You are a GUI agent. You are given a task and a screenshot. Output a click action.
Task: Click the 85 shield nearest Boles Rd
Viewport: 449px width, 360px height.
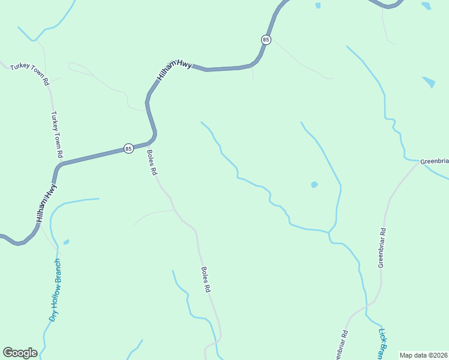pos(128,148)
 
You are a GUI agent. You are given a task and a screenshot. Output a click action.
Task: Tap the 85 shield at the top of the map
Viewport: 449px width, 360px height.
pos(266,40)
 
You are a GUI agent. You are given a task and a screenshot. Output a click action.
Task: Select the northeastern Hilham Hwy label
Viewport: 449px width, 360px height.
pos(174,70)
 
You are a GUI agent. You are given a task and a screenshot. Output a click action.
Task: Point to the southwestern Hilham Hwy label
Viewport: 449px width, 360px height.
pos(47,203)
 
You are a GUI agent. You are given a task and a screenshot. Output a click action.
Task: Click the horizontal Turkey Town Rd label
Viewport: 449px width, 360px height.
pos(29,73)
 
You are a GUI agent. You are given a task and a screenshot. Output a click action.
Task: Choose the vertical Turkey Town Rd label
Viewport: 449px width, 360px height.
pos(57,134)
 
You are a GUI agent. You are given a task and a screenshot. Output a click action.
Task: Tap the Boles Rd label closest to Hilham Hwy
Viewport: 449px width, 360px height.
pos(152,163)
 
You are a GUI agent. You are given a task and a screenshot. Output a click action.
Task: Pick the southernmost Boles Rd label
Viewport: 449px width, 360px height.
pos(206,280)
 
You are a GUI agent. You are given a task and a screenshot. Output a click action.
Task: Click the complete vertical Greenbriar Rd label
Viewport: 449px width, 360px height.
pos(381,248)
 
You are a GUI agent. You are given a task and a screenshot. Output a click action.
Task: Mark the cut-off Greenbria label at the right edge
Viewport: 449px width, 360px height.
pos(434,161)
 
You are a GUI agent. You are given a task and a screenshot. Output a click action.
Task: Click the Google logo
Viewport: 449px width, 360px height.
pos(20,353)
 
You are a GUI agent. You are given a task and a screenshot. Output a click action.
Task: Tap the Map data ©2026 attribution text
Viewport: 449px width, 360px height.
pos(423,355)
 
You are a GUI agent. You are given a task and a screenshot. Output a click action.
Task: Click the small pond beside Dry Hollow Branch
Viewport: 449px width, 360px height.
pos(66,242)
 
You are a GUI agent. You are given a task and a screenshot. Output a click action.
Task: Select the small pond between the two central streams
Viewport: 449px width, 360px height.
pos(314,185)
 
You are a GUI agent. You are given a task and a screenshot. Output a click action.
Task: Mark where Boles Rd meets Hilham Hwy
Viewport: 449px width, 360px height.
pos(147,144)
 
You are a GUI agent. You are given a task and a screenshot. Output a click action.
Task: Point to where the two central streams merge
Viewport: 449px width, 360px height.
pos(329,231)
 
